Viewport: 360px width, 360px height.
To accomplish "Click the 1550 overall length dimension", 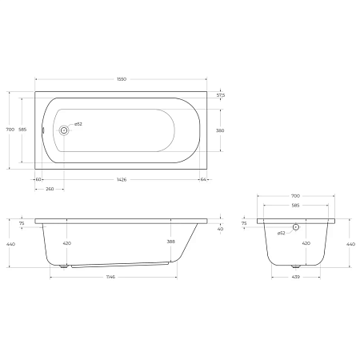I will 121,79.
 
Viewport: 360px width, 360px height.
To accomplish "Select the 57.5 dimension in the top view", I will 220,95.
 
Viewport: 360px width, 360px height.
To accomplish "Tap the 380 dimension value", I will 220,130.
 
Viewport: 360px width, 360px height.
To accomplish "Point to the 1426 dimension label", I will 121,180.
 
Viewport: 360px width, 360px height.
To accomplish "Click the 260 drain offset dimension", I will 50,189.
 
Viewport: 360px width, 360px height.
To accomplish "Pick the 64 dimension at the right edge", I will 204,180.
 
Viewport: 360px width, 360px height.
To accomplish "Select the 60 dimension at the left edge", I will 38,180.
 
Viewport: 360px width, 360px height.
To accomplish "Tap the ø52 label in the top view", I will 78,124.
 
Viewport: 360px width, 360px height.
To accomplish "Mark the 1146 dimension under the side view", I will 111,277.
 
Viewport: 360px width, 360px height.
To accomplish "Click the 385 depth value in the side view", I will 171,242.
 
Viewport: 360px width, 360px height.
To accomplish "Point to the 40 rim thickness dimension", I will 220,229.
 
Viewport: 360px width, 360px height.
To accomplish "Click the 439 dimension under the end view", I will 295,277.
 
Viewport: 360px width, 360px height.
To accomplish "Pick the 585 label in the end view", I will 295,205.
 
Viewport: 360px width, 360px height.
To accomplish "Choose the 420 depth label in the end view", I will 306,242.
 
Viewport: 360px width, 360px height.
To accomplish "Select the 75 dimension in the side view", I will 22,224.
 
